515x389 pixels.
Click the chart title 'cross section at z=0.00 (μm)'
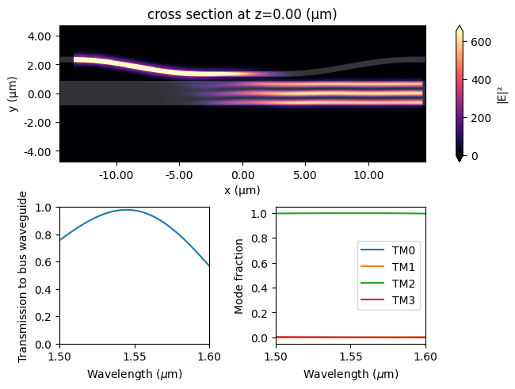click(x=242, y=13)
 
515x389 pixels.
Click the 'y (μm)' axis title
click(x=15, y=93)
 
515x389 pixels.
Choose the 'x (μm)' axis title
click(x=242, y=190)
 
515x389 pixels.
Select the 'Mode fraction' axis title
click(x=240, y=275)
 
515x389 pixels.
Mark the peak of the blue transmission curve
click(x=127, y=210)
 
